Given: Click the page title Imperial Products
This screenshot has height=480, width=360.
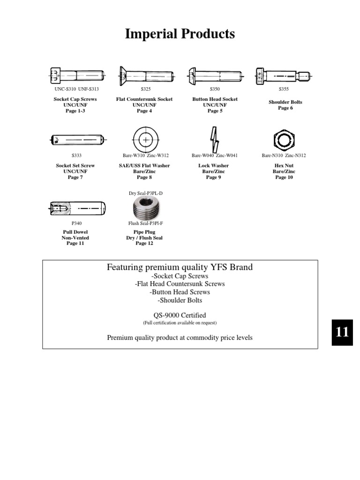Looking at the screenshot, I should pos(180,34).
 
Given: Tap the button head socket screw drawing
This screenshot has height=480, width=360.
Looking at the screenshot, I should pos(215,75).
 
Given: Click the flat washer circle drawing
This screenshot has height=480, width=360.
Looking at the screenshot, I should pos(145,140).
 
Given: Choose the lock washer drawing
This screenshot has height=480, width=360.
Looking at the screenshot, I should pos(214,140).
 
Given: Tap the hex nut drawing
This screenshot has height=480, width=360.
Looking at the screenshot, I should pos(284,140).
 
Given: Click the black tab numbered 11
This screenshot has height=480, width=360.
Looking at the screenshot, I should pos(342,332).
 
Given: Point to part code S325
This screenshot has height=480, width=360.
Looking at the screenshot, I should pos(146,89).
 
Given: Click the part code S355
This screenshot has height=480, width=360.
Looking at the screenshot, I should pos(284,89).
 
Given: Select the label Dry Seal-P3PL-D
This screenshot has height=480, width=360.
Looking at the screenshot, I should pos(145,193).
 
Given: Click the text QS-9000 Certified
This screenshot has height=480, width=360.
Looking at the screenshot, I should pos(180,315).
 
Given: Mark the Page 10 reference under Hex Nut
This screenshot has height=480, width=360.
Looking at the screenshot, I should pos(284,177).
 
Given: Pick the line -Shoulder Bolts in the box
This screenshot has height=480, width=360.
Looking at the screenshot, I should pos(180,300).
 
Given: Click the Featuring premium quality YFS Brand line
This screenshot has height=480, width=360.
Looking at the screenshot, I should pos(180,267).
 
